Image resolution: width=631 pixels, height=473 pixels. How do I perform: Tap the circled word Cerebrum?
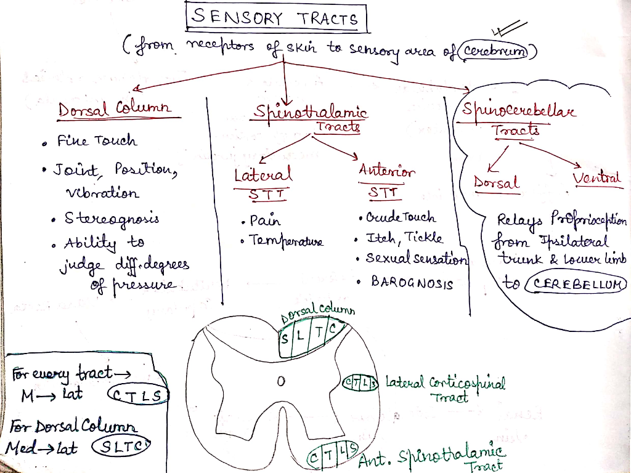click(x=494, y=51)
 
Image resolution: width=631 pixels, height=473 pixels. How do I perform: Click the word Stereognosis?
click(x=112, y=219)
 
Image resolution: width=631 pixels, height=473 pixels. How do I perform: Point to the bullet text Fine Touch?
click(x=97, y=140)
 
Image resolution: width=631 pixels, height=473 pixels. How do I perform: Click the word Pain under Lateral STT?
click(x=265, y=220)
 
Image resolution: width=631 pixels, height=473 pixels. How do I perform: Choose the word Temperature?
click(x=286, y=241)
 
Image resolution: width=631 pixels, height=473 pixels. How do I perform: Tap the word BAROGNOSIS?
click(x=412, y=282)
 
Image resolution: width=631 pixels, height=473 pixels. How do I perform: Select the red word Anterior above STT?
click(x=386, y=171)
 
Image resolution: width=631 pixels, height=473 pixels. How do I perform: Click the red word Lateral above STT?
click(x=263, y=174)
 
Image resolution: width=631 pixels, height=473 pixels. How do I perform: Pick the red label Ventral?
click(x=596, y=178)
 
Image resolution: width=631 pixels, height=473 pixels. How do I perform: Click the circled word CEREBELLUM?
click(x=576, y=284)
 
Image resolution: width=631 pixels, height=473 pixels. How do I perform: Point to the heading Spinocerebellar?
click(x=518, y=109)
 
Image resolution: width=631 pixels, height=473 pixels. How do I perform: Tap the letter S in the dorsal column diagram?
click(x=285, y=339)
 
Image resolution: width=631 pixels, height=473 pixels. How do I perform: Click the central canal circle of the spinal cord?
click(x=281, y=381)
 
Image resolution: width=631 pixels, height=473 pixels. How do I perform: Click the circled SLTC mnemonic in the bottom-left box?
click(x=121, y=446)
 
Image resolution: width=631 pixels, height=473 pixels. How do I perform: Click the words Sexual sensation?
click(x=417, y=258)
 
